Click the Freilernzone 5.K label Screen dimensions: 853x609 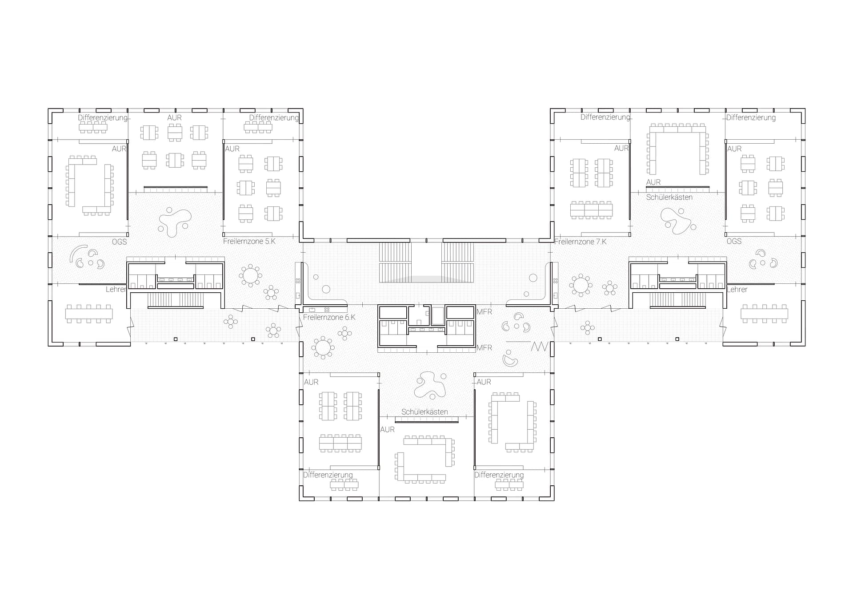(249, 242)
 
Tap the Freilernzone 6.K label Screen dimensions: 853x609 (329, 317)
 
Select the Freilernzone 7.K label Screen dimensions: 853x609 (581, 242)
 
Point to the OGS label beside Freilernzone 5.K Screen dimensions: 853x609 (119, 242)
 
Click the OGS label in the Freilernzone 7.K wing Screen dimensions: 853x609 (734, 241)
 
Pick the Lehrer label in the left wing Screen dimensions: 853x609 (116, 289)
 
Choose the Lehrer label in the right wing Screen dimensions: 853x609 (737, 289)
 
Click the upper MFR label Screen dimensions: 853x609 (484, 312)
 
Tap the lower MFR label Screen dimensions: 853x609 (484, 348)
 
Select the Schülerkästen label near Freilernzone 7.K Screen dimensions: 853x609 (669, 197)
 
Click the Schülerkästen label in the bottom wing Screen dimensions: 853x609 (424, 412)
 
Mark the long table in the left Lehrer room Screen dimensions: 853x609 (89, 314)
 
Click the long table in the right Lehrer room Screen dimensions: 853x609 (764, 314)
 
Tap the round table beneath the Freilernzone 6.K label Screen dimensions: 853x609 (323, 348)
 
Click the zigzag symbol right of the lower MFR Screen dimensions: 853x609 (539, 346)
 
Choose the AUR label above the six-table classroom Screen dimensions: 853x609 (174, 117)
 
